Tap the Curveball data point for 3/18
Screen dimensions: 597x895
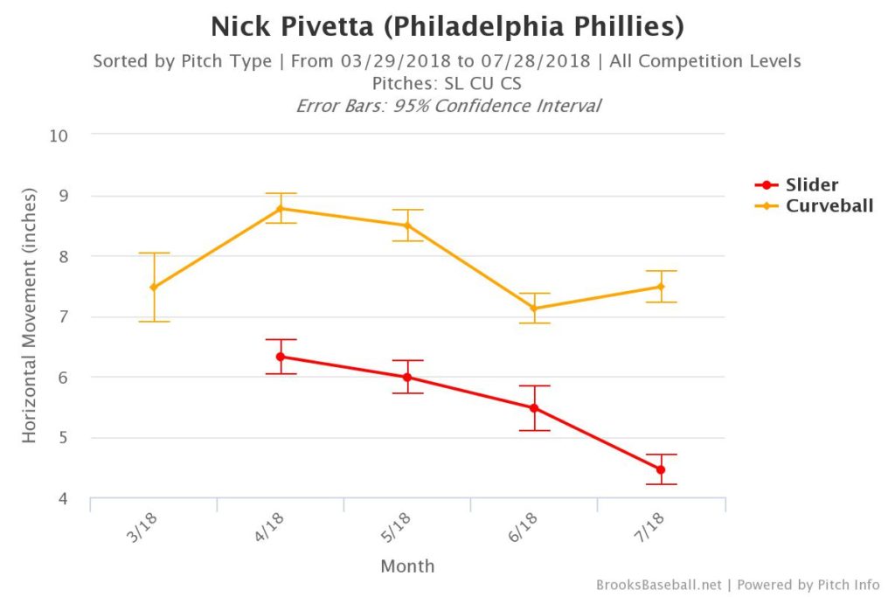(154, 288)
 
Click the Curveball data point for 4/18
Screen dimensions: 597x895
(281, 209)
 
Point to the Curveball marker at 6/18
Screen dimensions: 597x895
(534, 309)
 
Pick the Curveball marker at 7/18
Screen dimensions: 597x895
(661, 287)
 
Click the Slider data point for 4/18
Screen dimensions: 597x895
(281, 357)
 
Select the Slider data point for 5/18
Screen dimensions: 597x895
(407, 378)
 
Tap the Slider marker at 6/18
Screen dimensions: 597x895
(534, 408)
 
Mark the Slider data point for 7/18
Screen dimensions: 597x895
(661, 470)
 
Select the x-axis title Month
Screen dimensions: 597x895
(407, 566)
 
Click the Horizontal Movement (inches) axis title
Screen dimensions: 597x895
(30, 315)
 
